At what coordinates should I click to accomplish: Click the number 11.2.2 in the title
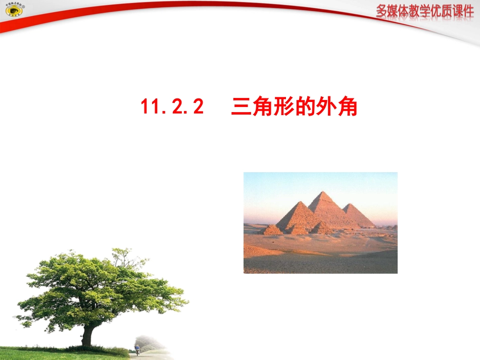(172, 107)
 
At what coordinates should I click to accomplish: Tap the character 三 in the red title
(241, 107)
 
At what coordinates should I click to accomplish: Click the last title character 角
(348, 107)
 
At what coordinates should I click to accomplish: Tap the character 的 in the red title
(306, 107)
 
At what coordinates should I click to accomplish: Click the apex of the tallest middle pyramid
(321, 193)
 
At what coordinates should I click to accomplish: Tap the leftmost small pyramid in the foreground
(272, 230)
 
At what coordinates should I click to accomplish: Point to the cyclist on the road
(137, 349)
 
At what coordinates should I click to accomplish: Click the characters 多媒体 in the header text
(393, 11)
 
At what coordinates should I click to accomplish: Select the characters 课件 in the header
(462, 11)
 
